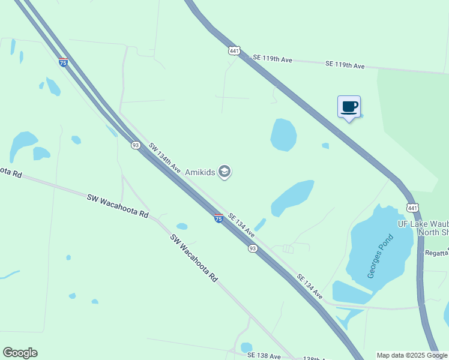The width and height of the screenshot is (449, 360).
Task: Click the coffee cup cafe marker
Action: tap(349, 107)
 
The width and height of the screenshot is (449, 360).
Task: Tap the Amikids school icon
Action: tap(224, 173)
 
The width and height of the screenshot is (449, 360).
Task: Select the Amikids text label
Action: tap(200, 173)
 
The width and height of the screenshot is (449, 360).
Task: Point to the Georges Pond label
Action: tap(381, 255)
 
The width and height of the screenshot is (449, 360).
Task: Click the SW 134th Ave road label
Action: tap(164, 158)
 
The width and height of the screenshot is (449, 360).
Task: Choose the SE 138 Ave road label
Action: tap(264, 356)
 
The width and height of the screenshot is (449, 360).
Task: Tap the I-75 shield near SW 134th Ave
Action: tap(63, 62)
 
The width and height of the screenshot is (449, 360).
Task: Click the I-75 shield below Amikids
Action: tap(219, 218)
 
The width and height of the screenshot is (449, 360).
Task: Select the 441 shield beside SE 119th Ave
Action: tap(234, 51)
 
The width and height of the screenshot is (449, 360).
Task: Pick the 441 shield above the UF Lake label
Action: tap(412, 208)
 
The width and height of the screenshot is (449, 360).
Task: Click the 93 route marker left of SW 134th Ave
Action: tap(136, 145)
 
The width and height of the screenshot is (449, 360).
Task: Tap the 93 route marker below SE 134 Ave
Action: tap(253, 248)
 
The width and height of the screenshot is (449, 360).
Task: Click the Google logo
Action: tap(20, 353)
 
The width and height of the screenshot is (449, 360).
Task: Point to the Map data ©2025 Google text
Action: tap(412, 355)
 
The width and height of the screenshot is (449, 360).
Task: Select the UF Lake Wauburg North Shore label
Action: tap(423, 229)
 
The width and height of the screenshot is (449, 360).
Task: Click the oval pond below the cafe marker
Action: tap(283, 134)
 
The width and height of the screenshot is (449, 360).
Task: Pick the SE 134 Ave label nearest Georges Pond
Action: tap(310, 287)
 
